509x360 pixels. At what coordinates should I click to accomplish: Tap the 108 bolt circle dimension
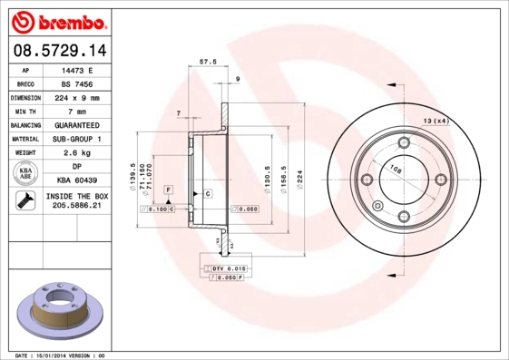click(x=396, y=169)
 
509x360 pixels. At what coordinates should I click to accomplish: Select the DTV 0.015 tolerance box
click(x=229, y=269)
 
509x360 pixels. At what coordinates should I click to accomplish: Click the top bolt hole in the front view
click(x=402, y=141)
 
